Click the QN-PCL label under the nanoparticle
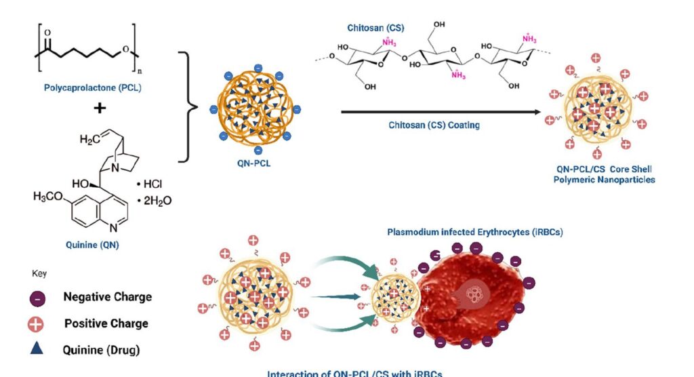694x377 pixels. coord(258,163)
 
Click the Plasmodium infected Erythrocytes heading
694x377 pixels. coord(475,232)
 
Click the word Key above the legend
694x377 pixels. coord(39,273)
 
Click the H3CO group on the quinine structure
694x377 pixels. coord(51,197)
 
